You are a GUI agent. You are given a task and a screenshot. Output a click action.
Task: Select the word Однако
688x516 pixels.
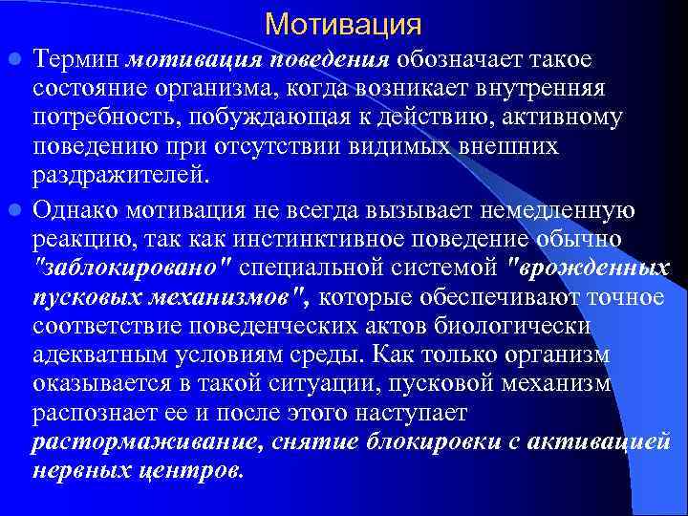[78, 208]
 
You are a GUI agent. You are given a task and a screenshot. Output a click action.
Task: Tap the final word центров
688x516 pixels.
[195, 473]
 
